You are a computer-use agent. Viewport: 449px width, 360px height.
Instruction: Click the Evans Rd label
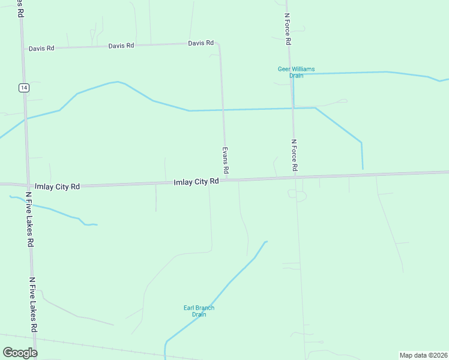point(226,160)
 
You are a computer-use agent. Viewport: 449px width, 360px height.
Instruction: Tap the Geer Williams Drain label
point(296,72)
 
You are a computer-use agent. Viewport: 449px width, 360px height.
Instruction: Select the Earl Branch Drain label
point(199,311)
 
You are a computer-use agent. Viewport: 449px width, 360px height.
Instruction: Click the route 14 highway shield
point(23,88)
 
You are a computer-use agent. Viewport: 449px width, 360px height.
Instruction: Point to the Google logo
point(20,353)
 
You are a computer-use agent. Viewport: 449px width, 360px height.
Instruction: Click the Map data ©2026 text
point(424,355)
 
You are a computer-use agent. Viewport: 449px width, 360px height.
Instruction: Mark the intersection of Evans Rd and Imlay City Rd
point(227,179)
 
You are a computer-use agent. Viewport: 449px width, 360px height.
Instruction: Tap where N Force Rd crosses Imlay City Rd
point(295,178)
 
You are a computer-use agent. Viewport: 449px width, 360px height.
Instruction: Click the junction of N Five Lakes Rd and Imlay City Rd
point(28,185)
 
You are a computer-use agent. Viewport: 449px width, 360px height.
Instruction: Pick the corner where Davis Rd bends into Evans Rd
point(219,44)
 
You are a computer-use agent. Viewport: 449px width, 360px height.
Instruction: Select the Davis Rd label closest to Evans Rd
point(200,43)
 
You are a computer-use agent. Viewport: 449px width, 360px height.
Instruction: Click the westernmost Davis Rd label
point(41,48)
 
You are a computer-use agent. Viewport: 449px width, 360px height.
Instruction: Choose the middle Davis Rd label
point(121,46)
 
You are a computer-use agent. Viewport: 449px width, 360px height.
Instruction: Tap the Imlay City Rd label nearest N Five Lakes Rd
point(58,187)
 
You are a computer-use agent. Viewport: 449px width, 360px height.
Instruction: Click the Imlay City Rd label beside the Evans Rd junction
point(196,182)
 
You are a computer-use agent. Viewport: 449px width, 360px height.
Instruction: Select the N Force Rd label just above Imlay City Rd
point(294,156)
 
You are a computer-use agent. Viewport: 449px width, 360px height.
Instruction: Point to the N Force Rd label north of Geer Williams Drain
point(288,30)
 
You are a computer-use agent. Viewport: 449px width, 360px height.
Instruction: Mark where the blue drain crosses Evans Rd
point(224,110)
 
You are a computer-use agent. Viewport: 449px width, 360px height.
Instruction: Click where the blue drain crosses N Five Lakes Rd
point(25,118)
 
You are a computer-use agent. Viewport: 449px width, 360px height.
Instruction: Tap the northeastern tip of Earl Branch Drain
point(266,242)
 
